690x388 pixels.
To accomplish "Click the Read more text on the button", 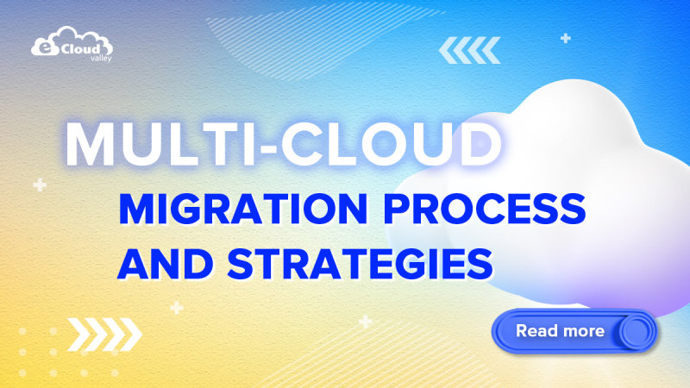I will pyautogui.click(x=560, y=331).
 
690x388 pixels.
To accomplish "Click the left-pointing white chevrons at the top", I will pyautogui.click(x=469, y=50).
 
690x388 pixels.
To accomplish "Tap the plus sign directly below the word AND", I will pyautogui.click(x=176, y=308).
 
